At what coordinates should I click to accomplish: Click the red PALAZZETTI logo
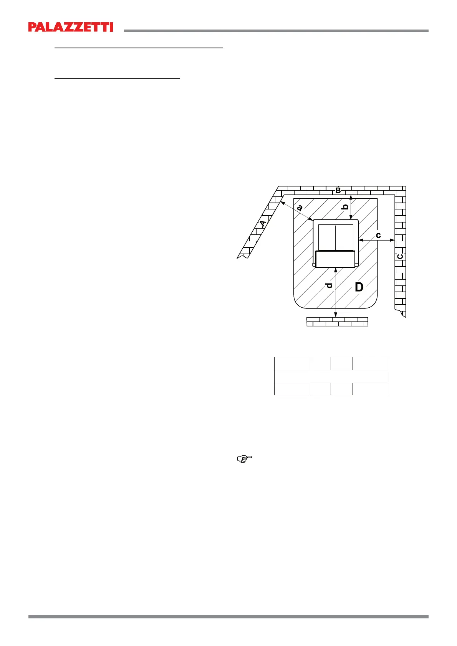pyautogui.click(x=71, y=27)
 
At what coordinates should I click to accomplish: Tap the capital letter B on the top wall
pyautogui.click(x=338, y=190)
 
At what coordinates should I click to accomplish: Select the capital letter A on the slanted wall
pyautogui.click(x=263, y=224)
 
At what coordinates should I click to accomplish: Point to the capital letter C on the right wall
pyautogui.click(x=400, y=256)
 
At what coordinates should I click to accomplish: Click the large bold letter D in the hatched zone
pyautogui.click(x=359, y=287)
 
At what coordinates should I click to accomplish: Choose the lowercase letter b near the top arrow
pyautogui.click(x=345, y=207)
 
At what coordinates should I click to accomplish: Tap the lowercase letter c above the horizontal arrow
pyautogui.click(x=378, y=235)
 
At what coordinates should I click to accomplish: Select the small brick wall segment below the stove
pyautogui.click(x=337, y=321)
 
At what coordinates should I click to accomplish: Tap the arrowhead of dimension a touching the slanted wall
pyautogui.click(x=282, y=202)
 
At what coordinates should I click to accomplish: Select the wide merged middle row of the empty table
pyautogui.click(x=331, y=376)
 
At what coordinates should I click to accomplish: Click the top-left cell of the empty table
pyautogui.click(x=291, y=363)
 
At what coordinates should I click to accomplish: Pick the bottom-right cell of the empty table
pyautogui.click(x=370, y=389)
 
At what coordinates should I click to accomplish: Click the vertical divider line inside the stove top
pyautogui.click(x=336, y=237)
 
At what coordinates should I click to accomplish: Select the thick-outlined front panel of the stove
pyautogui.click(x=335, y=259)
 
